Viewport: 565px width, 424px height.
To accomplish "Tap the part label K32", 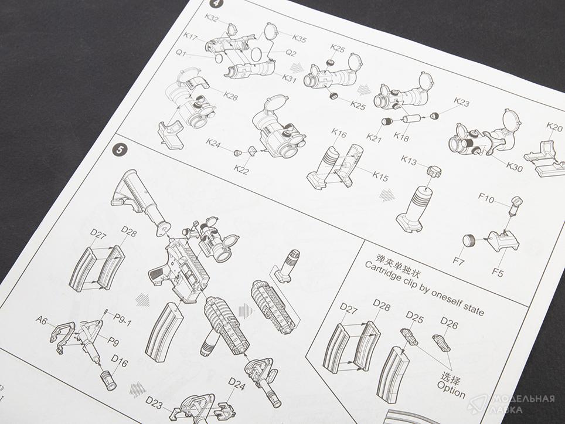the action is tap(212, 18).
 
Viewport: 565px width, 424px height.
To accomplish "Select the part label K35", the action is tap(299, 38).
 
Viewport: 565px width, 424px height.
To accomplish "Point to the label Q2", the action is tap(291, 53).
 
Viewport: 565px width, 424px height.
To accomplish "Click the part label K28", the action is tap(230, 96).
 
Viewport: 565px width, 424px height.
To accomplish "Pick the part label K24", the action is tap(213, 143).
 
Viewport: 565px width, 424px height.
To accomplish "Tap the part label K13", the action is tap(409, 160).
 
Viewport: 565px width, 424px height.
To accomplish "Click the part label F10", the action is tap(486, 198).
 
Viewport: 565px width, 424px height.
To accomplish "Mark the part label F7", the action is tap(458, 260).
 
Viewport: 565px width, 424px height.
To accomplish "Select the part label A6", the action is tap(42, 320).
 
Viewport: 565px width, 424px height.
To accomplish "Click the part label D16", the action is tap(119, 361).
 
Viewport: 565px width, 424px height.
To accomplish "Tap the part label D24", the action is tap(237, 384).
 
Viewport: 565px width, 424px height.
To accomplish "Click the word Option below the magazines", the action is tap(451, 389).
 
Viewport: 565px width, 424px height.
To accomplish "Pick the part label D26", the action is tap(449, 323).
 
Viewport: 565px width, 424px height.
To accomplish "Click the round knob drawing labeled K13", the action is tap(434, 171).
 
